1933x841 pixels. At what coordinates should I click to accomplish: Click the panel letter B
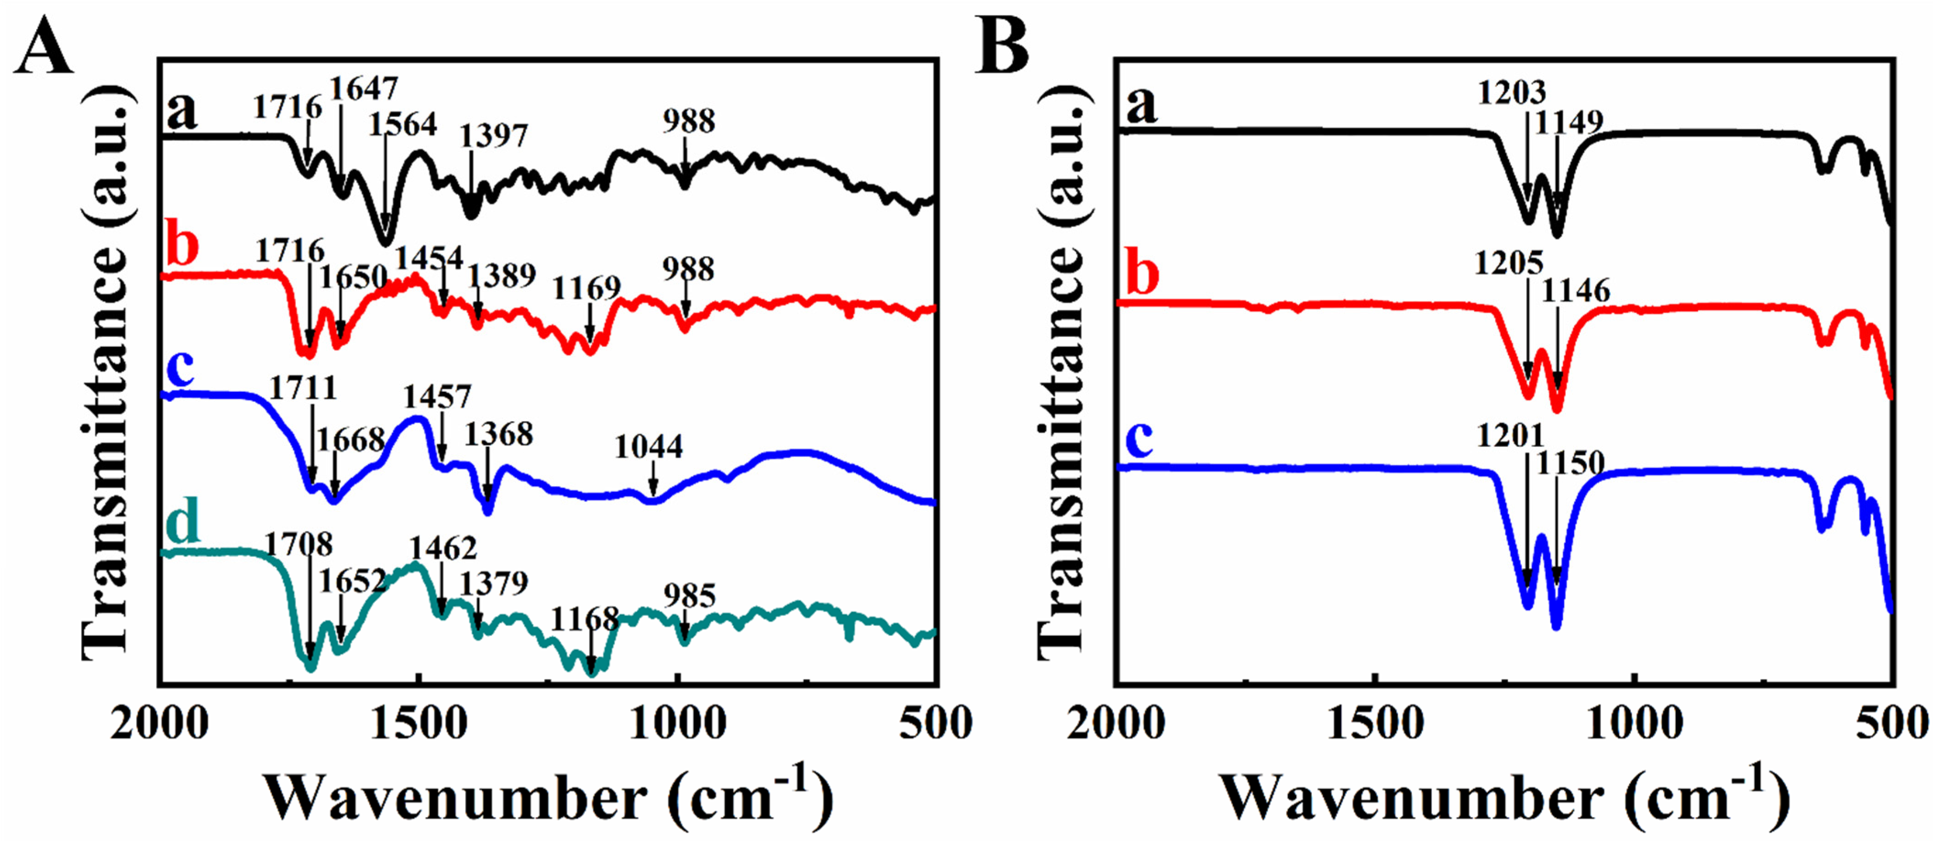(x=1001, y=46)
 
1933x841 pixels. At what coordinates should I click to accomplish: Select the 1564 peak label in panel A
(x=402, y=124)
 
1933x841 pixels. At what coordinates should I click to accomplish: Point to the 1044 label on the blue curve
(x=649, y=447)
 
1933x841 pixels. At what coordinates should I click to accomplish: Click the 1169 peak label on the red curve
(x=587, y=288)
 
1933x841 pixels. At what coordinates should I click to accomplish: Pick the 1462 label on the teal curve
(x=443, y=549)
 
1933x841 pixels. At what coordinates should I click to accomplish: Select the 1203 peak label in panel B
(x=1512, y=92)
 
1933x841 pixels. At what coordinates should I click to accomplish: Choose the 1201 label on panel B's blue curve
(x=1510, y=435)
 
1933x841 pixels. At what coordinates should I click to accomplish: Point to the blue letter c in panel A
(x=180, y=370)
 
